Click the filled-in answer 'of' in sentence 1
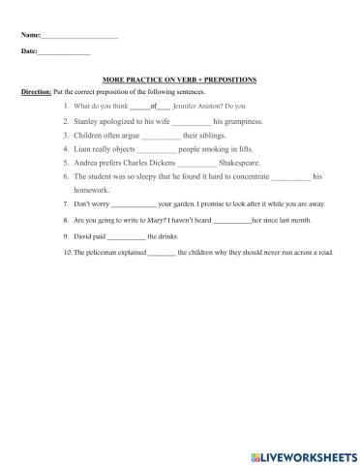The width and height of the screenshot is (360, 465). tap(153, 106)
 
